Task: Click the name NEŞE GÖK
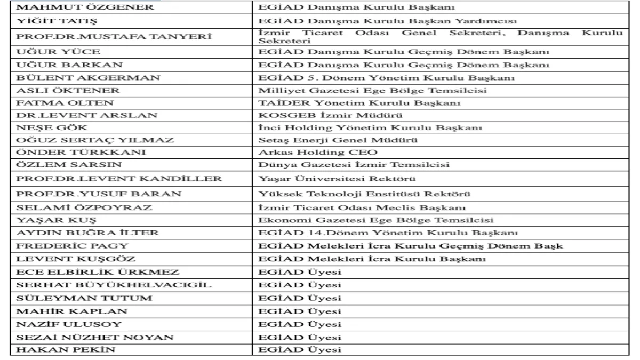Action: (x=45, y=128)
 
